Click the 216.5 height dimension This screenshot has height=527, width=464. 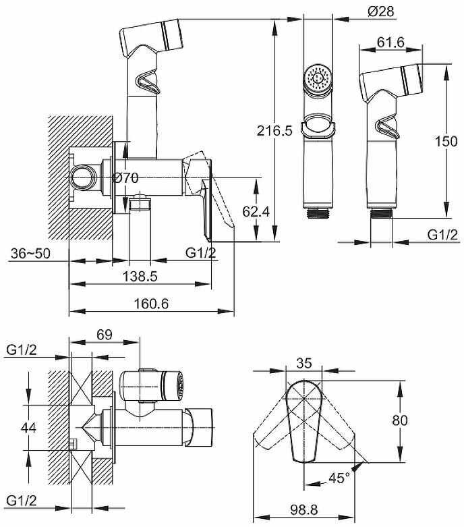pos(274,130)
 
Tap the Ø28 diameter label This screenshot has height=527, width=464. pos(380,11)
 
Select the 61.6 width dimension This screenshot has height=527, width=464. pos(390,43)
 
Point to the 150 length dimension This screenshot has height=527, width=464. pos(446,141)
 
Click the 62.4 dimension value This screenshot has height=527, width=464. pos(256,211)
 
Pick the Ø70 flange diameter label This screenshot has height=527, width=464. pos(125,177)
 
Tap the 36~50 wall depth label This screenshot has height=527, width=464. pos(30,253)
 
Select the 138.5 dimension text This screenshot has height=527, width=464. pos(140,276)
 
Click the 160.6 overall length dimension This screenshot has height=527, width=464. pos(151,304)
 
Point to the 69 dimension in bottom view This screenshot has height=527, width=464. pos(104,335)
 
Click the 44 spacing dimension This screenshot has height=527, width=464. pos(28,428)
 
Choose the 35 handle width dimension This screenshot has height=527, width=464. pos(304,363)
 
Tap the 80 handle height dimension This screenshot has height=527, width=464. pos(400,420)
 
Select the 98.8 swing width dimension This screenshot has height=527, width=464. pos(304,510)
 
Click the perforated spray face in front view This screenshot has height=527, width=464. pos(318,78)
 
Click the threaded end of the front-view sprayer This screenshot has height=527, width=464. pos(318,213)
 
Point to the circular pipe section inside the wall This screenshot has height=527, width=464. pos(83,177)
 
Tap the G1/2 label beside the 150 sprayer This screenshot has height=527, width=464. pos(442,235)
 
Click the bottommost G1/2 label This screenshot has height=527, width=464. pos(22,501)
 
